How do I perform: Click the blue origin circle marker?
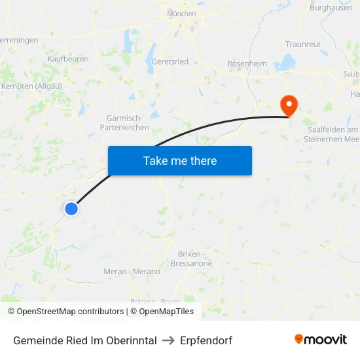[x=71, y=209]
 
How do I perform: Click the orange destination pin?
[x=288, y=105]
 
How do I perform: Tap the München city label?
[x=181, y=13]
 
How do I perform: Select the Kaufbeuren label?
[x=67, y=58]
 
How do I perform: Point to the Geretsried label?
[x=170, y=62]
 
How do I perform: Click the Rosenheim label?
[x=247, y=63]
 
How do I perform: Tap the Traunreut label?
[x=302, y=44]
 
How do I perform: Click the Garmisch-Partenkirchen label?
[x=128, y=122]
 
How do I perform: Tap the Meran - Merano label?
[x=132, y=272]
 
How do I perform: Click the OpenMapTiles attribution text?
[x=166, y=312]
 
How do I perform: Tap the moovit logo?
[x=321, y=339]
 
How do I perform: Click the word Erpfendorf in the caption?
[x=207, y=340]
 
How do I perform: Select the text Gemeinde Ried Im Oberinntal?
[x=85, y=340]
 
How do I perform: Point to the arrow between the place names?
[x=169, y=340]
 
